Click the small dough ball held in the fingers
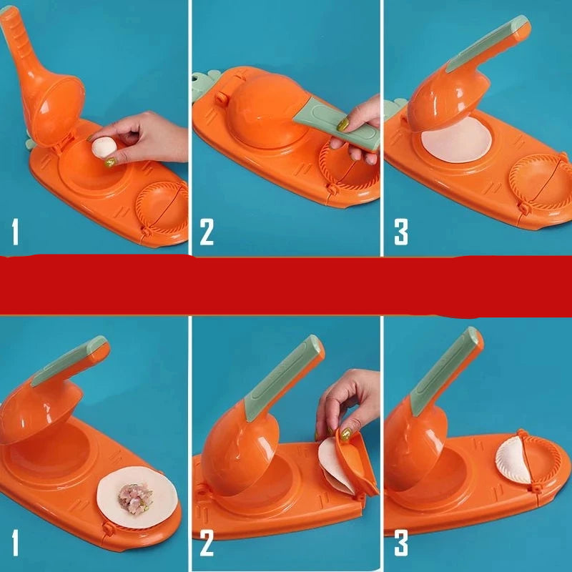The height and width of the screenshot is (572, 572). click(104, 147)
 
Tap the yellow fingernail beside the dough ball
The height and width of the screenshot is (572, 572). click(110, 162)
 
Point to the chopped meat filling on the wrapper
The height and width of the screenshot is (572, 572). click(135, 498)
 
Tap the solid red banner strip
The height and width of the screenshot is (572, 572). click(286, 285)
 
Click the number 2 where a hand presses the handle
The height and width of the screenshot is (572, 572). click(207, 232)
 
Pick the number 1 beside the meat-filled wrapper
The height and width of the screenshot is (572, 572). click(15, 543)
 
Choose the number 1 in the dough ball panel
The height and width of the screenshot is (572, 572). click(15, 232)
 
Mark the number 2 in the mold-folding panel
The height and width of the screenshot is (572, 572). click(207, 543)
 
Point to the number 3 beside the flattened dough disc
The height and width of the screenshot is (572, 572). click(401, 232)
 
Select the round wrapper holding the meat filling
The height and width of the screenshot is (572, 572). click(137, 498)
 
